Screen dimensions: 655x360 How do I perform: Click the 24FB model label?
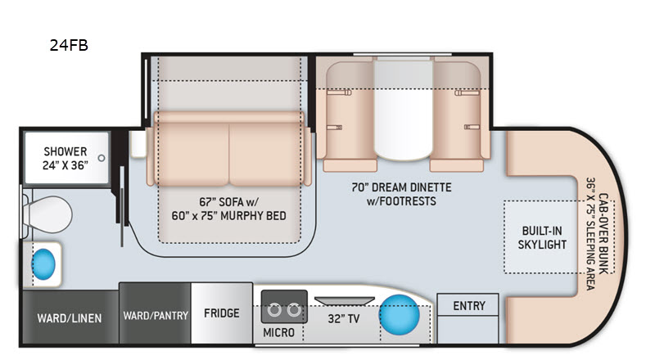pos(69,45)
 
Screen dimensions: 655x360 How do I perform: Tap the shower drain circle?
pos(101,158)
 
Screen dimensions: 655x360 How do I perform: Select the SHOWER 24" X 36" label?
pos(65,158)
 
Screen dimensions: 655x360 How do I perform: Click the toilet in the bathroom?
pos(47,214)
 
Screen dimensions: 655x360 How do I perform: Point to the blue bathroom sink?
pos(43,264)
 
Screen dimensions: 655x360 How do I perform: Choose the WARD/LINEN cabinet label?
pos(70,318)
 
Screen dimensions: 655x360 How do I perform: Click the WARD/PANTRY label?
pos(156,315)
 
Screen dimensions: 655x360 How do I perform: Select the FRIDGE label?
pos(222,313)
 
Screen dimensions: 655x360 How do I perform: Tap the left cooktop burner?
pos(274,310)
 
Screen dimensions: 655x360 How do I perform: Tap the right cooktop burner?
pos(294,310)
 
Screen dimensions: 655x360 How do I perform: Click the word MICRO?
pos(278,333)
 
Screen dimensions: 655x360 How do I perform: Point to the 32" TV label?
pos(343,319)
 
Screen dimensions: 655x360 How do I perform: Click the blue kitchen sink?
pos(400,315)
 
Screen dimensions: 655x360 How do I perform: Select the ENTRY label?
pos(469,306)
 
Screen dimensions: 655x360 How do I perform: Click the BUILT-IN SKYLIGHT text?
pos(542,237)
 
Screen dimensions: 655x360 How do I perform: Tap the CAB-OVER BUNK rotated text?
pos(603,234)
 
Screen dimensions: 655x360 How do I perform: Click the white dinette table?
pos(403,110)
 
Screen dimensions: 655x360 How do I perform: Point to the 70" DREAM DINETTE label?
pos(401,187)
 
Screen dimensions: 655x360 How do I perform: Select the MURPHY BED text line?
pos(229,216)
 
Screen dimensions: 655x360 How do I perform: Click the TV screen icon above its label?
pos(345,301)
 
